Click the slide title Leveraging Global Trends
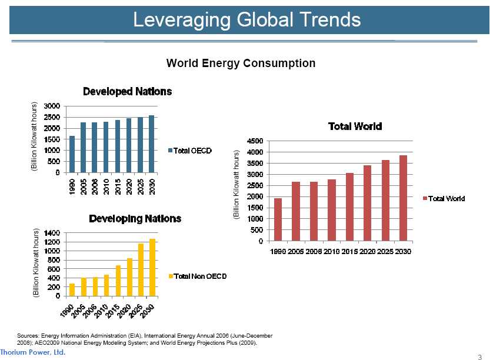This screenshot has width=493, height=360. click(x=246, y=20)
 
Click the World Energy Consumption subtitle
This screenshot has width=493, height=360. click(x=241, y=63)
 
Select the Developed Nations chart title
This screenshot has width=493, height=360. click(x=127, y=92)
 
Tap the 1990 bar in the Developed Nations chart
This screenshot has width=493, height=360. click(x=72, y=155)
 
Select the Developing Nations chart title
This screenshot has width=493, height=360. click(x=135, y=219)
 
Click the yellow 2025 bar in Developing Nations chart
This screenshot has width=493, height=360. click(x=140, y=269)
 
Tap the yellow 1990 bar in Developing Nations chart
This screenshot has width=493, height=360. click(x=72, y=290)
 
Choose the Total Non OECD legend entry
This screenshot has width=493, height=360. click(x=197, y=276)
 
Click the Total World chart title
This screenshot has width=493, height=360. click(x=355, y=126)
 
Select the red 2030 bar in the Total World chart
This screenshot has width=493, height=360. click(x=403, y=198)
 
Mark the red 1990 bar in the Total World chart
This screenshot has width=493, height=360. click(x=278, y=219)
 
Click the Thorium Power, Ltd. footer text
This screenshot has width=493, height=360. click(x=33, y=352)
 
